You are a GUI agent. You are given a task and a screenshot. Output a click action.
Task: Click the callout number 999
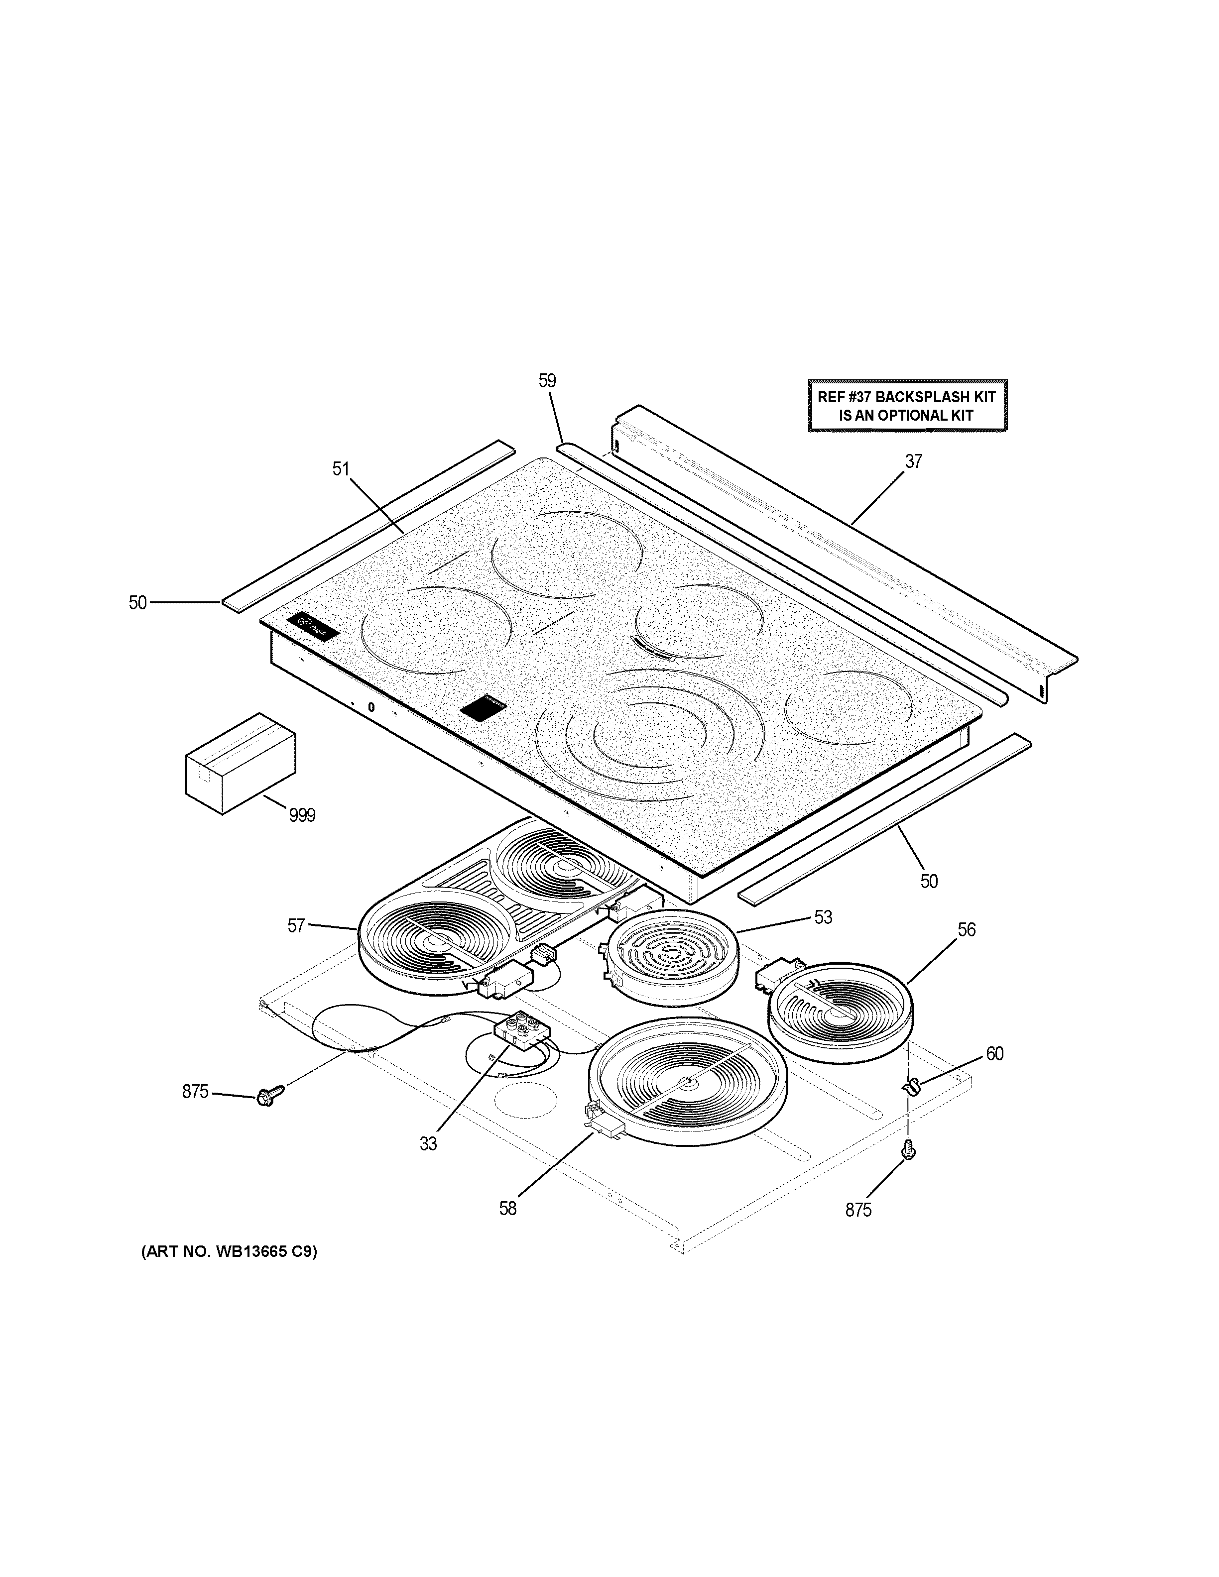point(302,815)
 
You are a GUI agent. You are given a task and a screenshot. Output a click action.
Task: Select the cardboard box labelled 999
point(240,763)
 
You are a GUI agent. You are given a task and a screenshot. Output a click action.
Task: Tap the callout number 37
point(914,461)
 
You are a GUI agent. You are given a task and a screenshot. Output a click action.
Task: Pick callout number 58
point(508,1208)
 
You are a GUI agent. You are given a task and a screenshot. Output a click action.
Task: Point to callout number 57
point(296,926)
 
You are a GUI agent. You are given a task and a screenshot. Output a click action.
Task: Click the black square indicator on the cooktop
point(485,708)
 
